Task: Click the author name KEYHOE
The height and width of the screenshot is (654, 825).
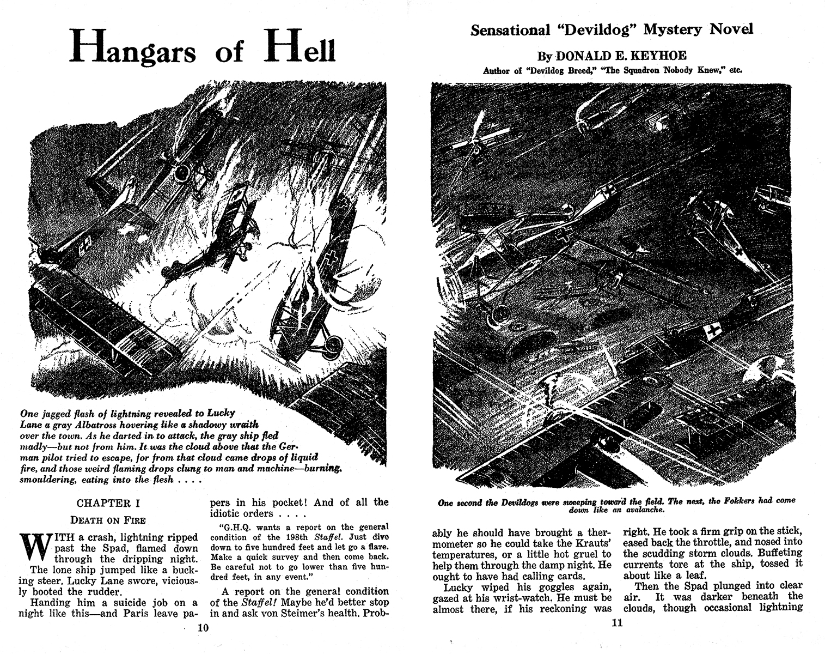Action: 658,56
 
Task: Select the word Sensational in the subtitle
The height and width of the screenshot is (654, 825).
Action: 510,30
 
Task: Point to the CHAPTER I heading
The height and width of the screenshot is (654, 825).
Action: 103,503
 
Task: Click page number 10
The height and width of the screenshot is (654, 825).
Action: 203,627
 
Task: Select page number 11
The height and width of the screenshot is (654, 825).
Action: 616,623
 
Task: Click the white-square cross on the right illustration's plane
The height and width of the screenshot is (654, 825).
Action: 712,329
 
